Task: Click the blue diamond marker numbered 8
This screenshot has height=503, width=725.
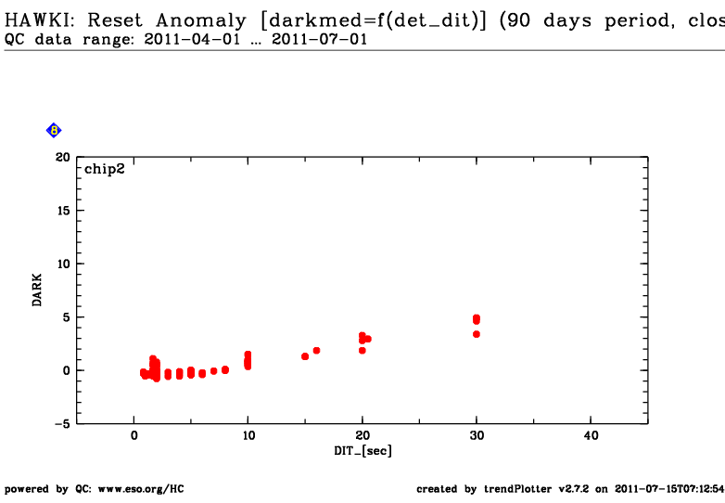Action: tap(54, 131)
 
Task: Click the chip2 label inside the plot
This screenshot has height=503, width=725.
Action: tap(105, 169)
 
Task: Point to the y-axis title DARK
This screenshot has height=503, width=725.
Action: tap(37, 290)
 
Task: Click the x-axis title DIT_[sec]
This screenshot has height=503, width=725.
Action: tap(362, 451)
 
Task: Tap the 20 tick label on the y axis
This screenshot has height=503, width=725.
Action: tap(63, 158)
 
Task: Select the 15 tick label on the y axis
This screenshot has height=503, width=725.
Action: tap(63, 211)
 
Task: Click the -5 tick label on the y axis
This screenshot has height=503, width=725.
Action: tap(62, 424)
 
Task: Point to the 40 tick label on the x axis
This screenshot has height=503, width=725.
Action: tap(591, 435)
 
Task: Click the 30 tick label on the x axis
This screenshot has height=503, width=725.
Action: tap(477, 435)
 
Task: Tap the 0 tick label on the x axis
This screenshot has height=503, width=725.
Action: tap(134, 435)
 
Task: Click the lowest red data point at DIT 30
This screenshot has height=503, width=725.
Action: tap(477, 334)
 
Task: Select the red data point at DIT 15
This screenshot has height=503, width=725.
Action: tap(305, 356)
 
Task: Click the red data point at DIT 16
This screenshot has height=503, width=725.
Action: tap(316, 350)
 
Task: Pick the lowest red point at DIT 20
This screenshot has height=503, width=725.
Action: tap(362, 350)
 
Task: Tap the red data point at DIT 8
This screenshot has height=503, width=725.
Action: tap(225, 369)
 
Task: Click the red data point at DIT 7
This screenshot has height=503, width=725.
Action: tap(213, 370)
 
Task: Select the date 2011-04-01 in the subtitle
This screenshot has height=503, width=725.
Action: tap(192, 39)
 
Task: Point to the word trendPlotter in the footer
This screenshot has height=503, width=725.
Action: tap(518, 489)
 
